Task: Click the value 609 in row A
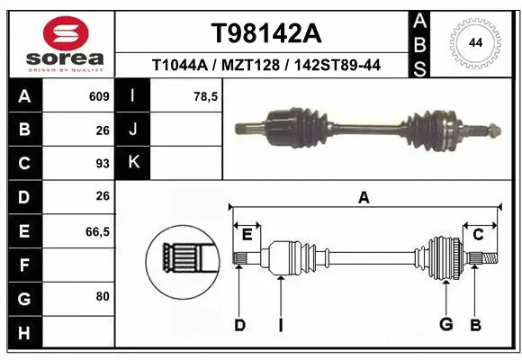tap(99, 96)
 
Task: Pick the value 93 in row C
tap(102, 163)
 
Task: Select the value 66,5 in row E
tap(98, 231)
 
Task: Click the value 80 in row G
tap(102, 295)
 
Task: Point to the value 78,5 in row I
tap(207, 96)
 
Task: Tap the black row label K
tap(133, 163)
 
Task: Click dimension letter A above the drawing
tap(364, 198)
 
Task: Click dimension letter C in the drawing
tap(479, 235)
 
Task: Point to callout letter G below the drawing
tap(445, 325)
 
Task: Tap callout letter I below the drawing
tap(280, 325)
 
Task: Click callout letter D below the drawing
tap(239, 325)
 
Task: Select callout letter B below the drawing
tap(476, 325)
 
